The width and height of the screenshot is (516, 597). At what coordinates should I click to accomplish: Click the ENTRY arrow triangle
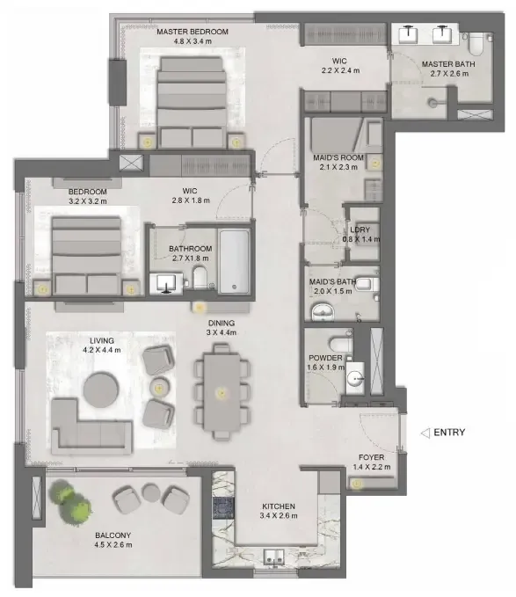tap(425, 433)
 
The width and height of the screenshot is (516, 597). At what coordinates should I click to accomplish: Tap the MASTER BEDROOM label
tap(193, 32)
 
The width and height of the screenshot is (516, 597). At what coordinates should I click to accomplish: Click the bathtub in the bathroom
tap(235, 261)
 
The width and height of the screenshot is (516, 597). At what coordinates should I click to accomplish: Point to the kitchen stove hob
tap(223, 508)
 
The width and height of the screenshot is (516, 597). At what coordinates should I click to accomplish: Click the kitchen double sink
tap(274, 557)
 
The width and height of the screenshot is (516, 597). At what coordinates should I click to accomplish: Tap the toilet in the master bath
tap(476, 43)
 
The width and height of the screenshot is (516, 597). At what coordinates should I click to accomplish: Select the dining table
tap(222, 392)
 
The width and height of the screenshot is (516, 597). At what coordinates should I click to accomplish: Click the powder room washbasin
tap(355, 378)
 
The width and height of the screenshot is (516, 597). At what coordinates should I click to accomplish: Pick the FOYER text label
tap(371, 457)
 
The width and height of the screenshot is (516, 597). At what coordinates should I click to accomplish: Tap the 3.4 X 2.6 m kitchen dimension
tap(279, 516)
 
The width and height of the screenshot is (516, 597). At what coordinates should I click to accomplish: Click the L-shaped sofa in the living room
tap(91, 426)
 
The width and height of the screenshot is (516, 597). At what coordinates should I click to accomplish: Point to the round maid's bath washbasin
tap(323, 313)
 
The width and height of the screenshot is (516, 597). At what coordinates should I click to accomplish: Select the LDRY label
tap(360, 229)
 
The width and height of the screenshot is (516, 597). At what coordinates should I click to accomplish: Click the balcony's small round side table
tap(151, 492)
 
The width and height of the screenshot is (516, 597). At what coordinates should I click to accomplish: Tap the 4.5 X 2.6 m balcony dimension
tap(113, 545)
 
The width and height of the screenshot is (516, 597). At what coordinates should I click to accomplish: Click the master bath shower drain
tap(432, 102)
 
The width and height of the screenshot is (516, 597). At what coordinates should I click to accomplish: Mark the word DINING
tap(222, 323)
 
